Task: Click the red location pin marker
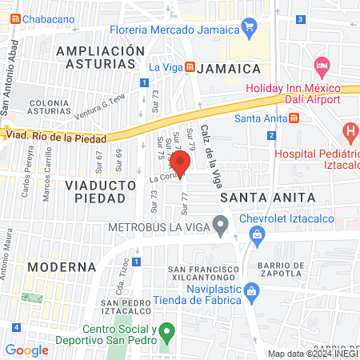pos(182,162)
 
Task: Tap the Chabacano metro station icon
pos(16,18)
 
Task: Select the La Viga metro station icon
pos(189,67)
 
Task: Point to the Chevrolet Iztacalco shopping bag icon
pos(257,234)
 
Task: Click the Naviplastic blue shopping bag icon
pos(251,290)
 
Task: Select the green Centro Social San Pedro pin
pos(166,330)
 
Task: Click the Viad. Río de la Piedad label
pos(56,138)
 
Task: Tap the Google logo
pos(26,350)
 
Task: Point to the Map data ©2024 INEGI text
pos(313,354)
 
